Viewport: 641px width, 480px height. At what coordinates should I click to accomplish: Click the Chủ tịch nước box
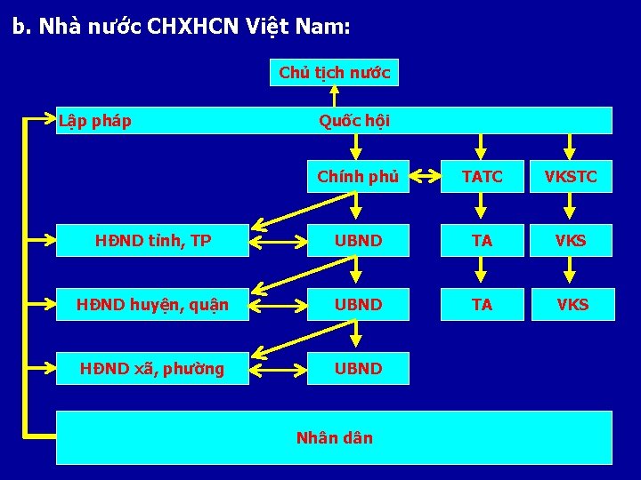[334, 72]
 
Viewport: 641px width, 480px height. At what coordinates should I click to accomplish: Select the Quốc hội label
[354, 120]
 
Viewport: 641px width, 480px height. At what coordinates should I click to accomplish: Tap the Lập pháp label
[94, 120]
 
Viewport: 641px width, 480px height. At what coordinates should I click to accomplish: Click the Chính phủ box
[358, 176]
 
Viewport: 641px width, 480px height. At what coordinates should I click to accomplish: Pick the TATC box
[483, 177]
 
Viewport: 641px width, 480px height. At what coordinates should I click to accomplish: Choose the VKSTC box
[572, 177]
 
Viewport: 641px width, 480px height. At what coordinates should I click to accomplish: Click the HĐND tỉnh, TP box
[153, 240]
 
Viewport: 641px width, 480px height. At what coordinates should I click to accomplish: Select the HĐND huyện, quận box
[153, 305]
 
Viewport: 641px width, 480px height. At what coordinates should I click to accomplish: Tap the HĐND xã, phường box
[153, 368]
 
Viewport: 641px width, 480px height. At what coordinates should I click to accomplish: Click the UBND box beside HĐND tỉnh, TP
[358, 240]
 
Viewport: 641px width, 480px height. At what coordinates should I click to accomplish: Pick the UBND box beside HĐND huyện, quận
[358, 305]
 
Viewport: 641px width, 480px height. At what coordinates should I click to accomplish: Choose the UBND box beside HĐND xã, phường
[358, 368]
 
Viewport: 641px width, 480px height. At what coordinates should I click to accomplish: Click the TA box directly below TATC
[483, 240]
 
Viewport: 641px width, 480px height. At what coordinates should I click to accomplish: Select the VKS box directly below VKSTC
[572, 240]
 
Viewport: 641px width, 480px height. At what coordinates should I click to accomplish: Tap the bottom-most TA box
[483, 305]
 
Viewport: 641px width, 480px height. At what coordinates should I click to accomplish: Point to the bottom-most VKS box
[572, 305]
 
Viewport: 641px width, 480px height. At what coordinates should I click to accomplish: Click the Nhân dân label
[334, 437]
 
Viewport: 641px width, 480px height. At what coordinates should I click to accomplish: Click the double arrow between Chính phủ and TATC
[425, 177]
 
